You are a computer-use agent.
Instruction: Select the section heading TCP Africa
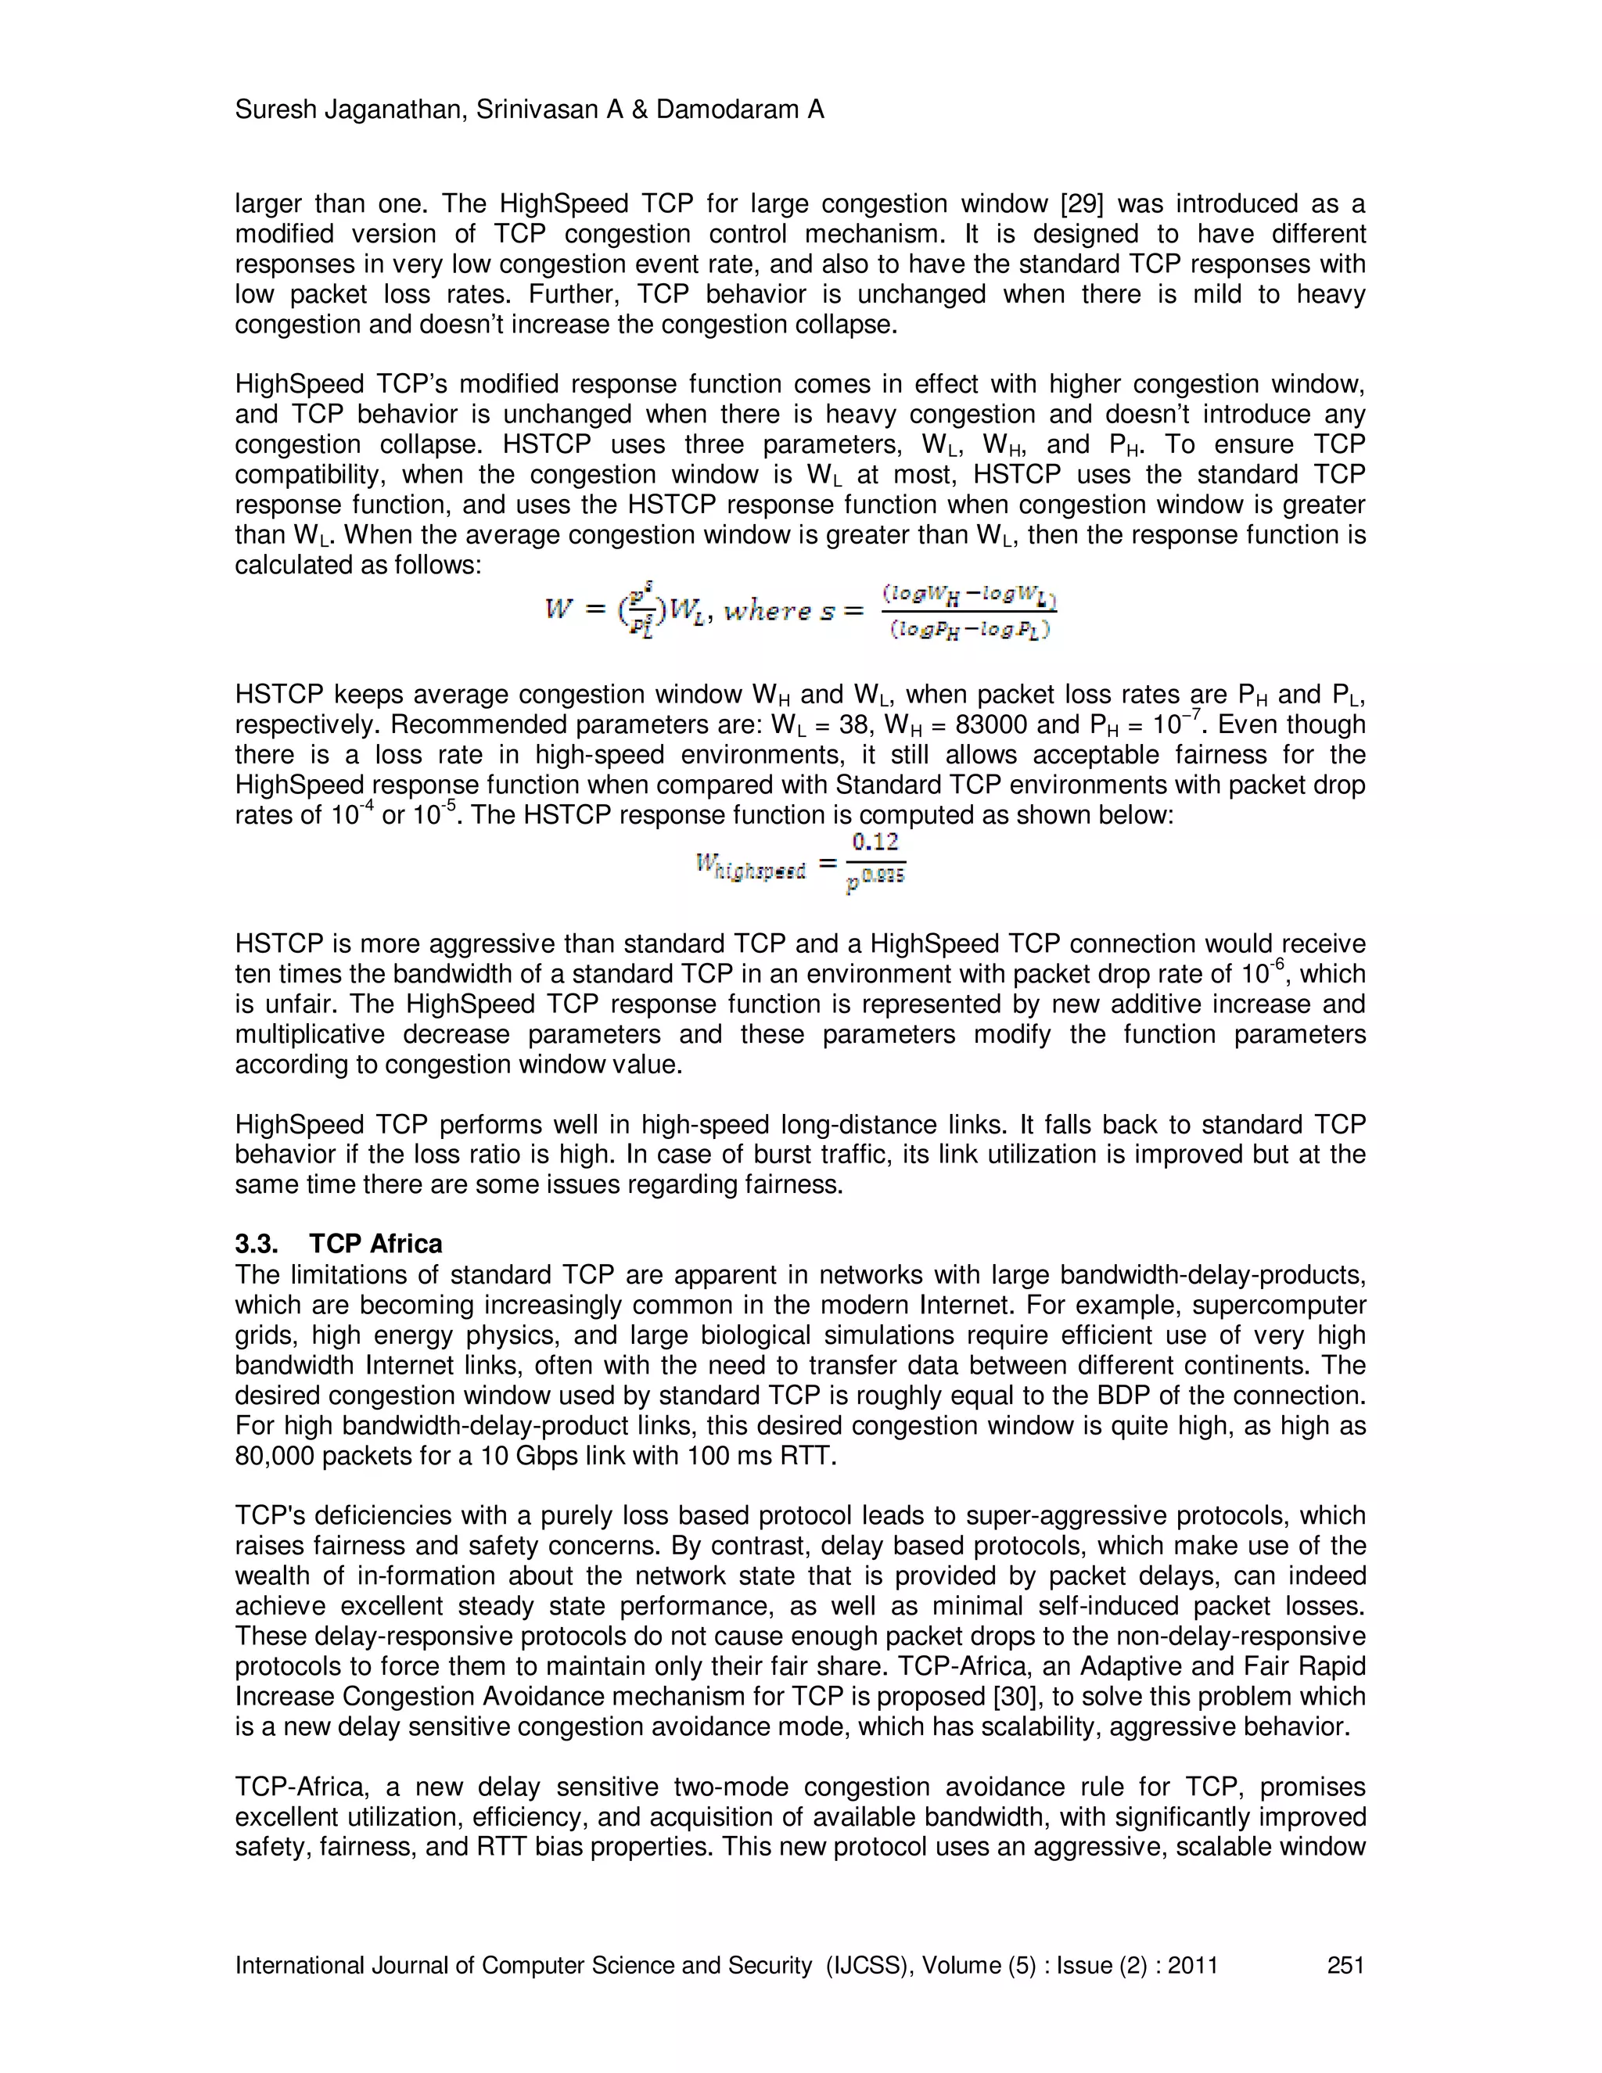(375, 1244)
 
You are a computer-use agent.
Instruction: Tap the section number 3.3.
(257, 1244)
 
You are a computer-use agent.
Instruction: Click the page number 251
(1345, 1965)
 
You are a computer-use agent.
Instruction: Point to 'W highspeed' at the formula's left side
(749, 868)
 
